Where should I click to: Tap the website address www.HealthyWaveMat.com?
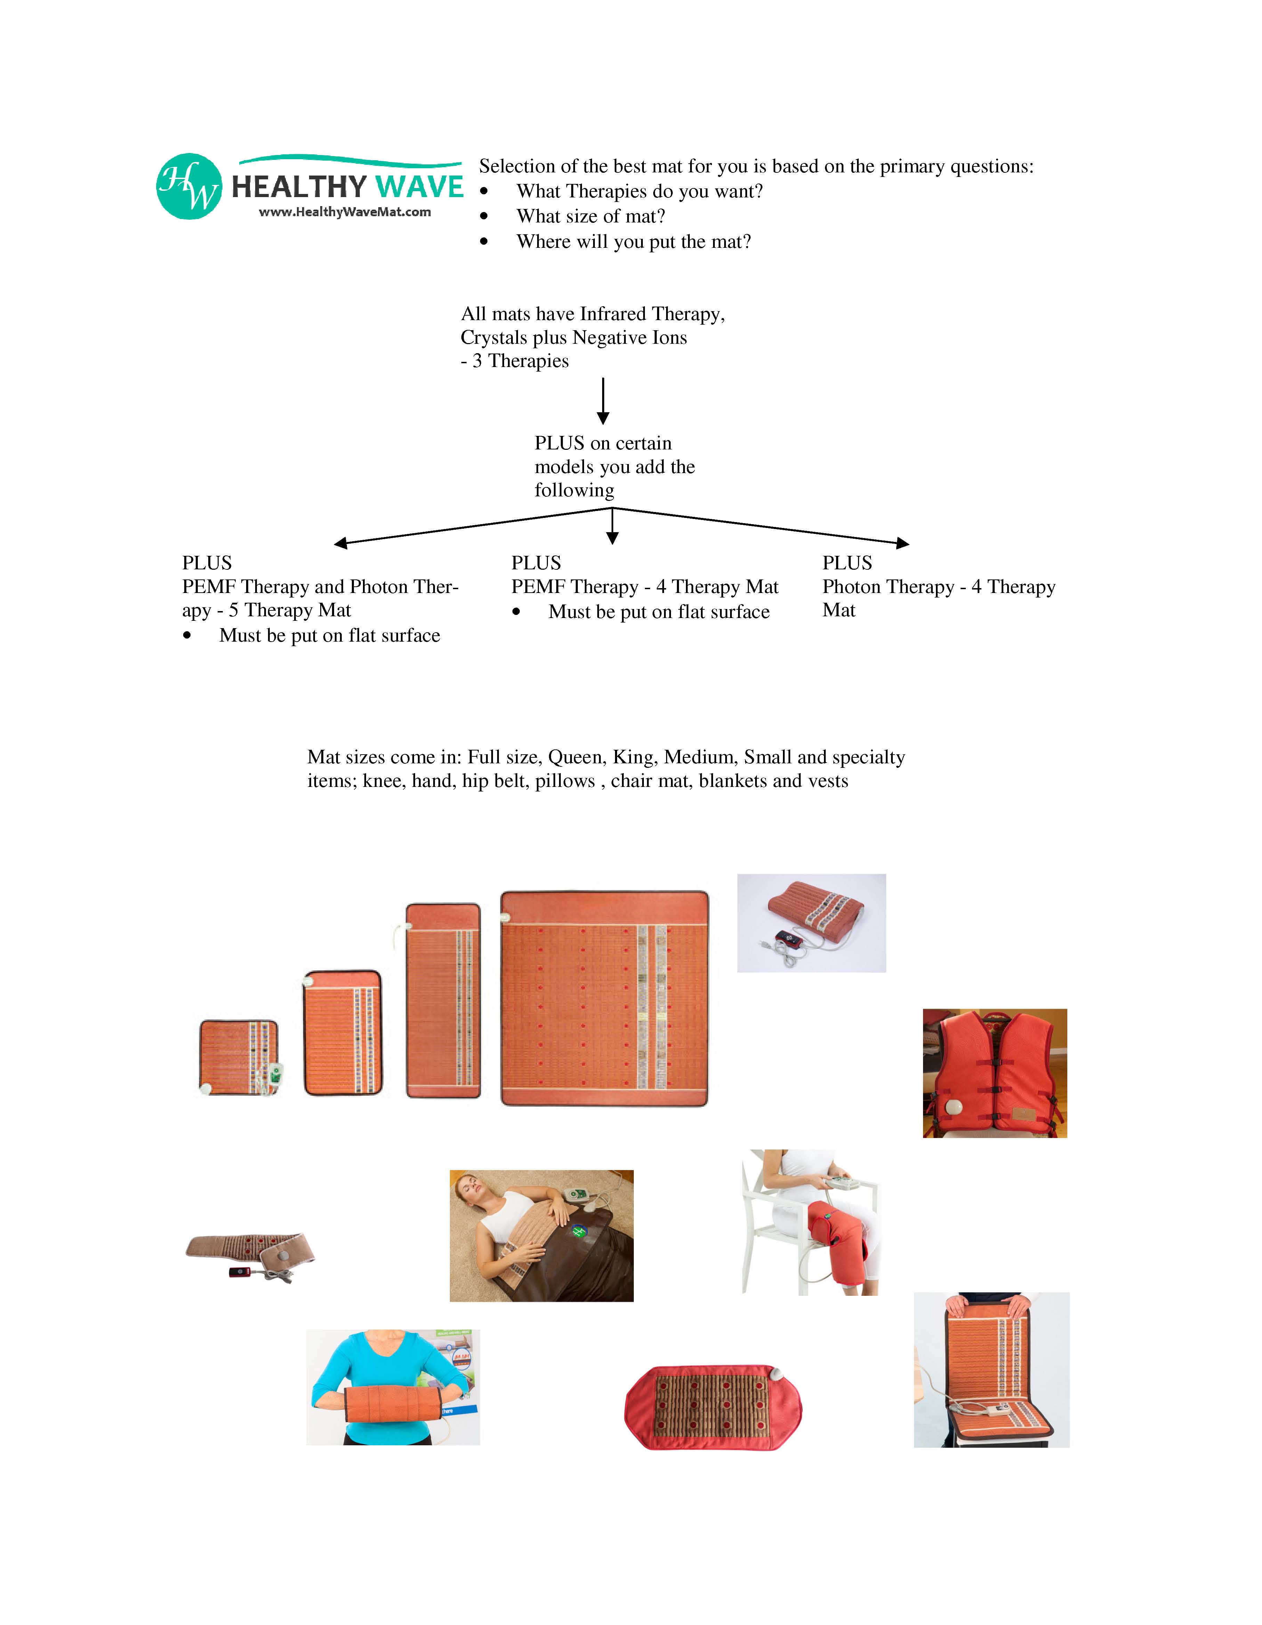345,212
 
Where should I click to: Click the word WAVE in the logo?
419,187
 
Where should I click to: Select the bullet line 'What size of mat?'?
591,217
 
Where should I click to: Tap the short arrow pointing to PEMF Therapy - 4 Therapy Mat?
612,527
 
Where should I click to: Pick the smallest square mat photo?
239,1057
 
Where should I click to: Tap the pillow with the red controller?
811,923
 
